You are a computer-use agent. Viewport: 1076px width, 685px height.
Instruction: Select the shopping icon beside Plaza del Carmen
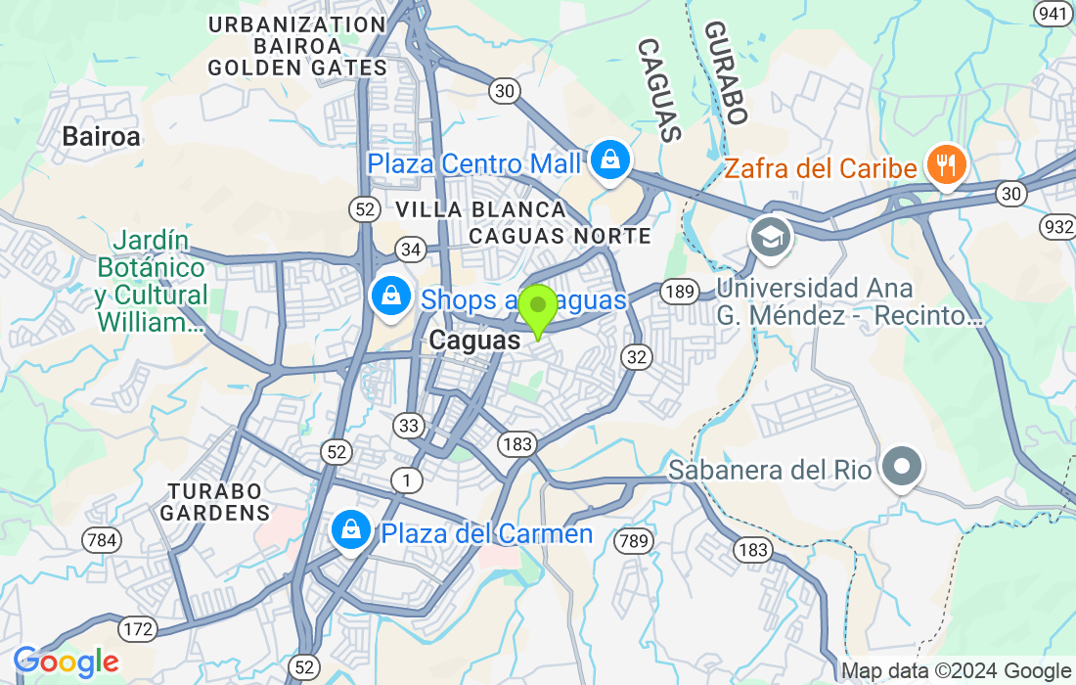click(x=349, y=530)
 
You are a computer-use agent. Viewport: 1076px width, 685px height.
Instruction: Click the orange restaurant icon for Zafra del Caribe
click(x=945, y=165)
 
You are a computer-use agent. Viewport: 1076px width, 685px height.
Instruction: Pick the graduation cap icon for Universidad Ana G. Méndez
click(x=771, y=237)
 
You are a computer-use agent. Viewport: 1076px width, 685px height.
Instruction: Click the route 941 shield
click(x=1053, y=13)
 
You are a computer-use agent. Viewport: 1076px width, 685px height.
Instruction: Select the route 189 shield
click(x=677, y=291)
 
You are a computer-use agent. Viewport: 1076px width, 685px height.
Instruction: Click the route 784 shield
click(x=102, y=540)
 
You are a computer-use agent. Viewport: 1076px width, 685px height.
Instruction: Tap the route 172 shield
click(x=138, y=627)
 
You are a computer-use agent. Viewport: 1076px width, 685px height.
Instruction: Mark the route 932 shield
click(x=1058, y=227)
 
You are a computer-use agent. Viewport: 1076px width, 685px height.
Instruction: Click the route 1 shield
click(x=405, y=479)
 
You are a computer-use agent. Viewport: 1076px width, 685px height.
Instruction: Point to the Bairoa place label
click(x=101, y=137)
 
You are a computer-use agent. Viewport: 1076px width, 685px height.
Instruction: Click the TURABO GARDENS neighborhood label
click(x=214, y=501)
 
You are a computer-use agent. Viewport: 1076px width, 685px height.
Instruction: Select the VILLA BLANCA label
click(x=480, y=209)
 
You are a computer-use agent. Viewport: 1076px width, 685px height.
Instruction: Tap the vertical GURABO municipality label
click(x=725, y=73)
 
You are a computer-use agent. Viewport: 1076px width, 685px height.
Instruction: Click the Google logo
click(x=66, y=662)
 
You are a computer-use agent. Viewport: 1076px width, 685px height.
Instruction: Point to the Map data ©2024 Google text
click(x=957, y=671)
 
